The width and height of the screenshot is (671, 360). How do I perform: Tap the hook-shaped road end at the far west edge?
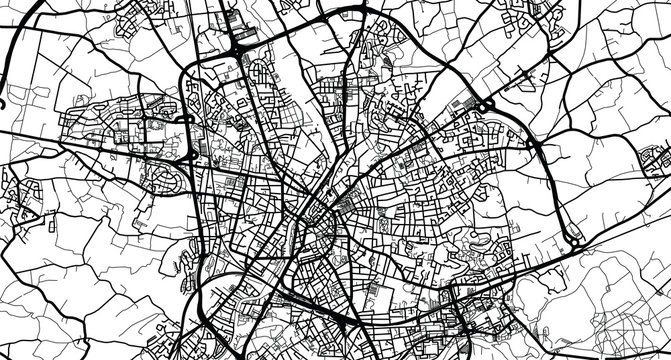point(5,100)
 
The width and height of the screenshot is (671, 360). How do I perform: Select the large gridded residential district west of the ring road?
point(110,135)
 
